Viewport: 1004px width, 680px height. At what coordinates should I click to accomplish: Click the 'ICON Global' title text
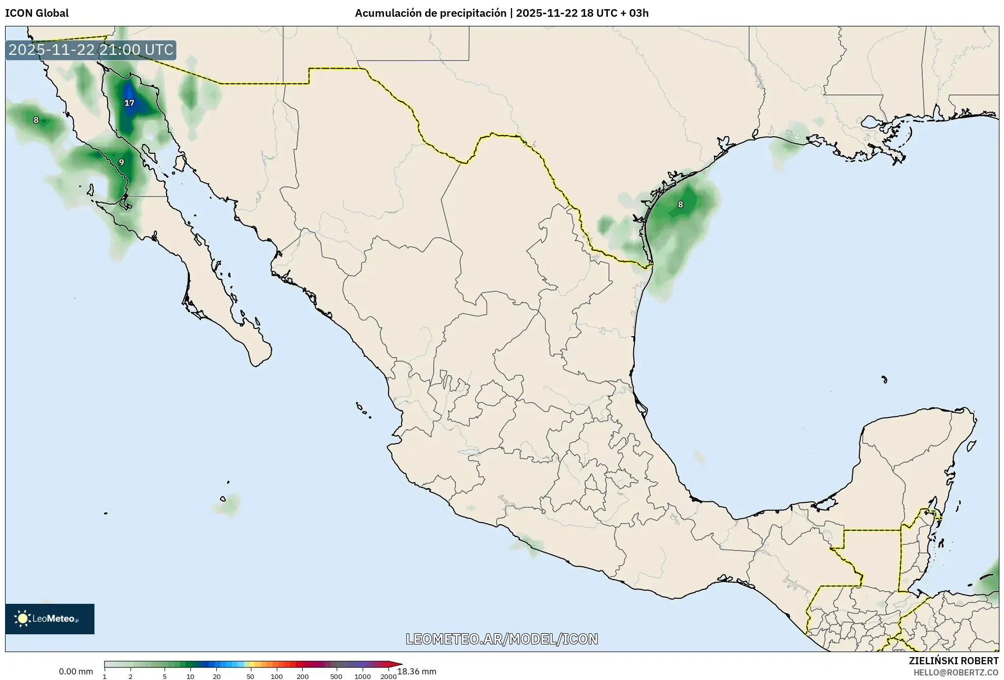[x=37, y=13]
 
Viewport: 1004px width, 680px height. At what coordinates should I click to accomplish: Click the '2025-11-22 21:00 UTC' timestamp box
[x=91, y=50]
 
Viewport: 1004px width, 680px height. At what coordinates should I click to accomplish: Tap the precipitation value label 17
[x=129, y=103]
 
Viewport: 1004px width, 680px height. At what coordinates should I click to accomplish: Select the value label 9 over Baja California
[x=121, y=163]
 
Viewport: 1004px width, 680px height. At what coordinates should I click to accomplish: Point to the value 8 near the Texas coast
[x=681, y=205]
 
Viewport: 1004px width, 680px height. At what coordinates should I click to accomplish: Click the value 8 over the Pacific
[x=36, y=120]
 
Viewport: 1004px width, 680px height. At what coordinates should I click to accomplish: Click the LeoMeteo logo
[x=50, y=619]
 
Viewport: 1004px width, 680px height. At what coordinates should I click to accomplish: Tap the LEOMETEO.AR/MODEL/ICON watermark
[x=502, y=639]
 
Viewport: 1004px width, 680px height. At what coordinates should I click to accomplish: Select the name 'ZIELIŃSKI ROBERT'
[x=953, y=661]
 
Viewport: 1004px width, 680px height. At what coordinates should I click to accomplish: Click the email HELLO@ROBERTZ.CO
[x=956, y=672]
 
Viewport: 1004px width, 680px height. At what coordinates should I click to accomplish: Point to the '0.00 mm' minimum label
[x=76, y=671]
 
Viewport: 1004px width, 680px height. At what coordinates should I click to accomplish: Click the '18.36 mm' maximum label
[x=416, y=671]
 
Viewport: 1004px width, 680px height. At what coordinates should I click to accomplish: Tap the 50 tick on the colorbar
[x=250, y=676]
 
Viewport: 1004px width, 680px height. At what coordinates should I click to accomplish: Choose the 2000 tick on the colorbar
[x=388, y=676]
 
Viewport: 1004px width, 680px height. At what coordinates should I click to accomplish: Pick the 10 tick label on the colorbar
[x=190, y=676]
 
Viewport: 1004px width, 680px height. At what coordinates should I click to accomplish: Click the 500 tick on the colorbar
[x=336, y=676]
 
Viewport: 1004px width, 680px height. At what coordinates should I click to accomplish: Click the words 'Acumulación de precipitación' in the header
[x=430, y=13]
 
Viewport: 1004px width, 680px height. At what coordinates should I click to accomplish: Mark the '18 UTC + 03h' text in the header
[x=614, y=13]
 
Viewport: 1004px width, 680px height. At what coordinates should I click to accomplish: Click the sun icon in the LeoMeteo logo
[x=22, y=619]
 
